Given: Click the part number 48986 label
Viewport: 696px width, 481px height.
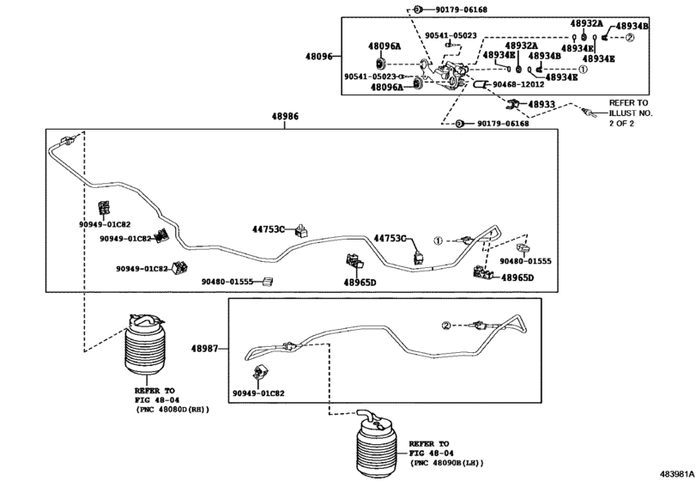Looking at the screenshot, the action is coord(285,116).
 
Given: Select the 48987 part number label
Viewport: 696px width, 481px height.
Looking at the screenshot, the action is coord(204,349).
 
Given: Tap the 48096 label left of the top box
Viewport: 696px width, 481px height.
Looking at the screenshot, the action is coord(318,57).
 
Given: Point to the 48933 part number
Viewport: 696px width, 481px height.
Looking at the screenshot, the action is coord(542,105).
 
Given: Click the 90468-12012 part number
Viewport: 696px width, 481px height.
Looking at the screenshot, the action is coord(518,84).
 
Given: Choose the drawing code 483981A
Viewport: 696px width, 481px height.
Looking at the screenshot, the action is coord(678,473).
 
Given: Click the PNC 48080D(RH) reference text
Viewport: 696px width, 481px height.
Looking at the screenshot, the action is coord(172,410).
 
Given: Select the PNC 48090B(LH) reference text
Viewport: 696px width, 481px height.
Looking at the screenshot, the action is coord(447,463).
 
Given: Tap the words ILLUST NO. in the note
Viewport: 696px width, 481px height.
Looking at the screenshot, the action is coord(631,113).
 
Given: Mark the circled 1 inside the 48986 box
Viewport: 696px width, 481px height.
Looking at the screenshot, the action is coord(438,240).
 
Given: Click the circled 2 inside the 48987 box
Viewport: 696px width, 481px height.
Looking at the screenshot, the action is coord(446,326).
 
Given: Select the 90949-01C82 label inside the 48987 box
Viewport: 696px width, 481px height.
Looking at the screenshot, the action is coord(259,393).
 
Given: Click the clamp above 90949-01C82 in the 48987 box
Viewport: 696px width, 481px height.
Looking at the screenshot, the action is coord(259,372).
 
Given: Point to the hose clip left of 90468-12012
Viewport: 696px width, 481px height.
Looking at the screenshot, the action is coord(481,84).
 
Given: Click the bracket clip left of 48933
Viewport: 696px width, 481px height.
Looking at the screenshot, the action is coord(513,105).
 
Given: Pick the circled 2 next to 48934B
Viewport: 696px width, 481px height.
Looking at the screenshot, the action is coord(630,38).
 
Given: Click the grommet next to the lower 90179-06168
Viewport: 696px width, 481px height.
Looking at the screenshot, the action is coord(460,123).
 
